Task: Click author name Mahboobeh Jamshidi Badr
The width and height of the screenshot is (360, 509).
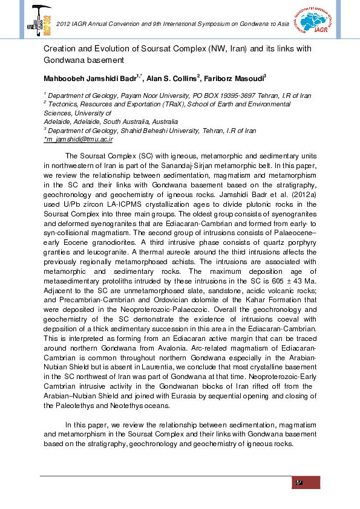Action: tap(91, 78)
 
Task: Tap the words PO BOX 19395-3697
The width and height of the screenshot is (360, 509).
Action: tap(220, 96)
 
